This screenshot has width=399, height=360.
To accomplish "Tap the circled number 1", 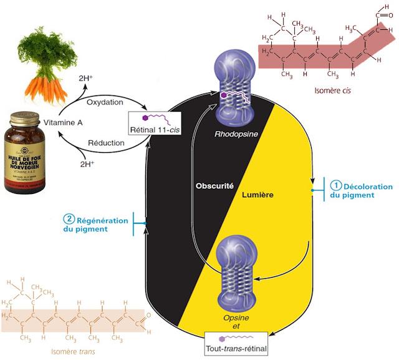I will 335,185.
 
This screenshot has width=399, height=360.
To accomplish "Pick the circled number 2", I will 69,219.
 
